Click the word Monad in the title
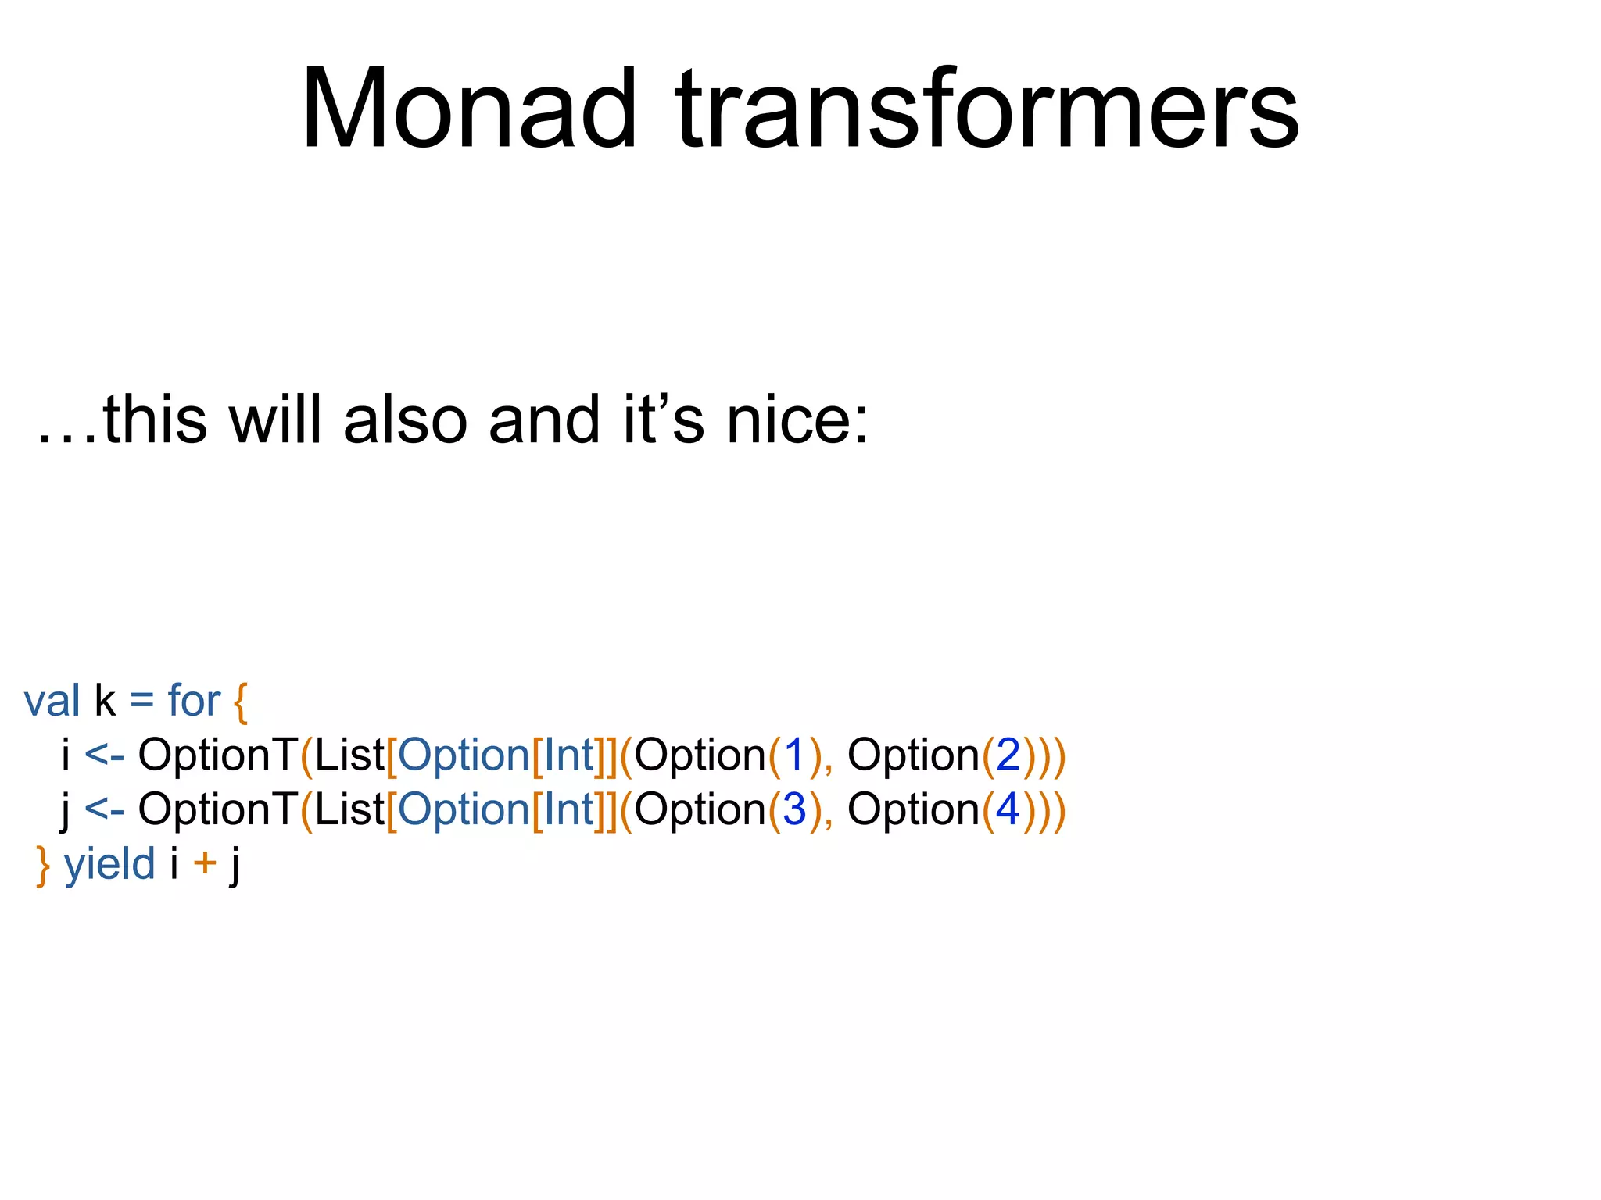(x=469, y=109)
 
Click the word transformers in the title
(x=987, y=109)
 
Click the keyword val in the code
(x=52, y=701)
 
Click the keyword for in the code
(x=194, y=701)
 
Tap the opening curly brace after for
(x=241, y=702)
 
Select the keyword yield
(x=109, y=865)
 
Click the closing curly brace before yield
(x=43, y=866)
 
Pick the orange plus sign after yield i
(x=205, y=865)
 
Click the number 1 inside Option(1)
(x=794, y=755)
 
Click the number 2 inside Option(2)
(x=1008, y=755)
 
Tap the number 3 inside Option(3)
(x=794, y=810)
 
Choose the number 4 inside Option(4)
(x=1008, y=810)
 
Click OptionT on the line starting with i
(x=217, y=755)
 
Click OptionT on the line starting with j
(x=217, y=810)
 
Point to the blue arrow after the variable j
(x=104, y=810)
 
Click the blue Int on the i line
(x=569, y=755)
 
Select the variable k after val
(x=105, y=701)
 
